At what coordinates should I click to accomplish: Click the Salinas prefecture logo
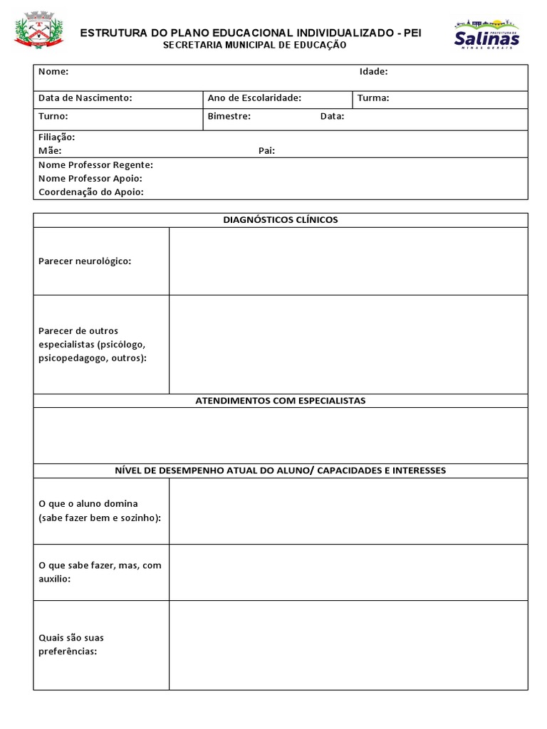pyautogui.click(x=486, y=33)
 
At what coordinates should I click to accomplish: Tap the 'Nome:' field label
pyautogui.click(x=53, y=71)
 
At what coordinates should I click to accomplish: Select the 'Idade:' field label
pyautogui.click(x=373, y=71)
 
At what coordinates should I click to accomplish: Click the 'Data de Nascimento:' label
pyautogui.click(x=85, y=98)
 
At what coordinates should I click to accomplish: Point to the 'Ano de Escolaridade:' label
pyautogui.click(x=254, y=98)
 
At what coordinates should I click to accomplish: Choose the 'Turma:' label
pyautogui.click(x=373, y=98)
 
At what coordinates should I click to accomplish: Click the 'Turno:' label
pyautogui.click(x=53, y=116)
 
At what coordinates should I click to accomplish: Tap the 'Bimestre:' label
pyautogui.click(x=229, y=116)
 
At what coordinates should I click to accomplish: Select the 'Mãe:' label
pyautogui.click(x=50, y=150)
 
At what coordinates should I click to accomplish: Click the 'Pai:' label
pyautogui.click(x=266, y=150)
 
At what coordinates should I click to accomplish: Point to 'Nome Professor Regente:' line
pyautogui.click(x=95, y=164)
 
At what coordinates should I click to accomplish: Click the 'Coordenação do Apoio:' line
pyautogui.click(x=90, y=192)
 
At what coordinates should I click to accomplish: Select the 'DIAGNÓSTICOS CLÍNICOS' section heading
pyautogui.click(x=281, y=219)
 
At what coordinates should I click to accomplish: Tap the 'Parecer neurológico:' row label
pyautogui.click(x=85, y=261)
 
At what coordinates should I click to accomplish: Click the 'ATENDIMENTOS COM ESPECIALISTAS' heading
pyautogui.click(x=281, y=401)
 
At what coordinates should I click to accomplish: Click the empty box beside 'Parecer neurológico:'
pyautogui.click(x=348, y=261)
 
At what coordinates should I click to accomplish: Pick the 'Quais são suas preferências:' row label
pyautogui.click(x=71, y=644)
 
